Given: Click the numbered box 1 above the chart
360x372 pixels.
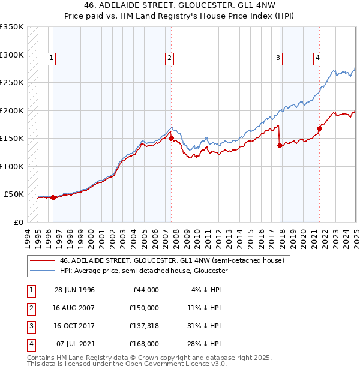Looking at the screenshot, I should pos(52,58).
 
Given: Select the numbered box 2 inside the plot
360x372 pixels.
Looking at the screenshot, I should pos(170,58).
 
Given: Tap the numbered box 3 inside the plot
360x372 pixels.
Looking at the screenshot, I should pos(278,58).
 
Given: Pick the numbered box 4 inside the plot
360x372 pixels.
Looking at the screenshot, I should pos(317,58).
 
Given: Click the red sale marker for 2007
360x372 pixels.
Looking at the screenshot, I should pos(171,138).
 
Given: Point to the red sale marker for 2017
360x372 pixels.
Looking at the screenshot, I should pos(280,145).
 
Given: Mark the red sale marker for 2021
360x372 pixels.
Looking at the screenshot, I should pos(319,128).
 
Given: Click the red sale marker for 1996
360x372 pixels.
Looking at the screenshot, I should pos(53,197).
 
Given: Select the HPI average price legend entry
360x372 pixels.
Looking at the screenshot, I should pos(143,271).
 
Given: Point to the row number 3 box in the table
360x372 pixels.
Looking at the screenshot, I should pos(29,326).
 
